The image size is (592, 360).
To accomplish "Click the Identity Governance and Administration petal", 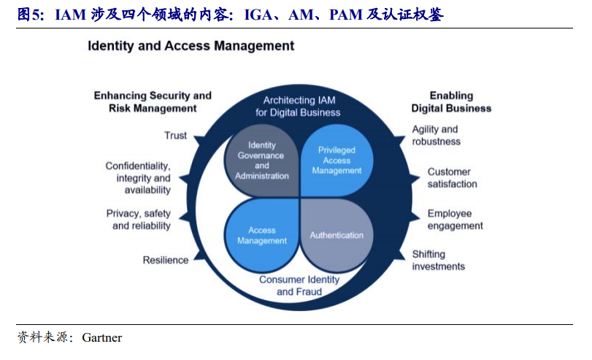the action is tap(261, 161).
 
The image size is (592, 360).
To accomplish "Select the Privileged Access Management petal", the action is tap(337, 161).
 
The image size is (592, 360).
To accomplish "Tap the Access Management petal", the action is tap(261, 235).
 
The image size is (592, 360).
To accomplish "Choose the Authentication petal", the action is tap(337, 235).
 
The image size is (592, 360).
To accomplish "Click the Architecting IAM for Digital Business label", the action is tap(299, 106).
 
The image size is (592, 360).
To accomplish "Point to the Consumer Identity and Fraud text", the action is tap(299, 286).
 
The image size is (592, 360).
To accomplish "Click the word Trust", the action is tap(176, 136).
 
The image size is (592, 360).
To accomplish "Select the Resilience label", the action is tap(166, 260).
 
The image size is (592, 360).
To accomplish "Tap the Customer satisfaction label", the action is tap(452, 178).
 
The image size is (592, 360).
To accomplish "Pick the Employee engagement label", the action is tap(455, 220).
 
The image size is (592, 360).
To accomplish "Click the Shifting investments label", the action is tap(438, 260).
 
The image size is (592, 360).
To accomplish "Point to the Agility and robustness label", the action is tap(436, 135).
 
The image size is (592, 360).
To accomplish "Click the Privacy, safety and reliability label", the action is tap(138, 220).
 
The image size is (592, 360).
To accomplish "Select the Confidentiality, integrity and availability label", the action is tap(138, 178).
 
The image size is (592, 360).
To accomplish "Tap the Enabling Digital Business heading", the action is tap(451, 102).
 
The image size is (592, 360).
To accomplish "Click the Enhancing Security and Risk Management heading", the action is tap(153, 102).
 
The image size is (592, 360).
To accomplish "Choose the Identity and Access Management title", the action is tap(191, 46).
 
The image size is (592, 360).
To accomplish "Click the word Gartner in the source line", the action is tap(102, 337).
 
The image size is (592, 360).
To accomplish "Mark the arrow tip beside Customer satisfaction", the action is tap(420, 177).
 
